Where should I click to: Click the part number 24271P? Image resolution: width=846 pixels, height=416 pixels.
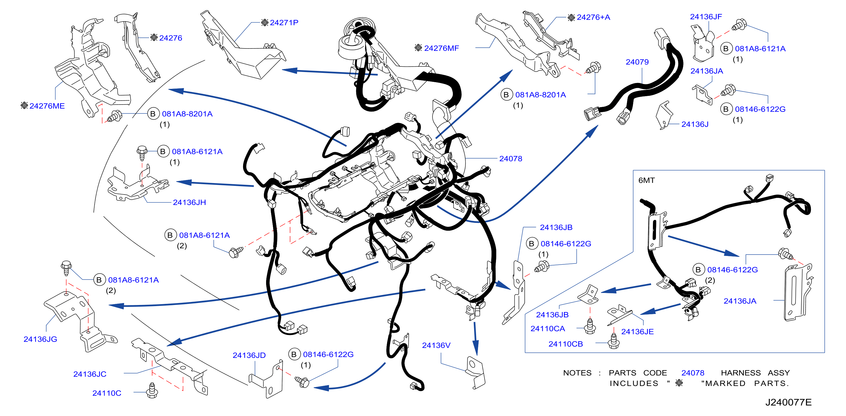284,23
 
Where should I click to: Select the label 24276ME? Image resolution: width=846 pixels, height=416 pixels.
47,106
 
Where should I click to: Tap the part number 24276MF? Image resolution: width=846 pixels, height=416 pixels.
442,48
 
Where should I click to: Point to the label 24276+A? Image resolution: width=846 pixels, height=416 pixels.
593,17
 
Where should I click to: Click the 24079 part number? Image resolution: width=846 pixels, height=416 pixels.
637,62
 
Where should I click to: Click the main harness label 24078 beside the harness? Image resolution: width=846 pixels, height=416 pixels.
510,159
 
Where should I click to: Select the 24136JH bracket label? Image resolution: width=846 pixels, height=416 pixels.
189,202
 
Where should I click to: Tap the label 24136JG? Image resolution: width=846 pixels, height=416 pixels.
40,339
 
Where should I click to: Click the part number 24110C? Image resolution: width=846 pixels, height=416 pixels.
107,393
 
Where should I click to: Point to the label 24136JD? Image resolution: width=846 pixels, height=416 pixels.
249,355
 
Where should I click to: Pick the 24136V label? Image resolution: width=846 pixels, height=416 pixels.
436,345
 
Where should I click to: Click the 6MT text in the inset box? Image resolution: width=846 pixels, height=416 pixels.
646,181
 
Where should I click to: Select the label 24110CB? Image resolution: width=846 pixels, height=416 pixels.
566,344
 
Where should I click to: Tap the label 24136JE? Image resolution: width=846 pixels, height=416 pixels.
637,332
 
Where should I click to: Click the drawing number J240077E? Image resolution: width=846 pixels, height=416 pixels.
788,402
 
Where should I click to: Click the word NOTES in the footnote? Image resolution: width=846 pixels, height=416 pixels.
577,373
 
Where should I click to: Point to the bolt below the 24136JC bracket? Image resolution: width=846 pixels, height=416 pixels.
152,390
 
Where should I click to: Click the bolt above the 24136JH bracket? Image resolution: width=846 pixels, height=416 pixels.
141,152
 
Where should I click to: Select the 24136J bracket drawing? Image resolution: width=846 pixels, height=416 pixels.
664,115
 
